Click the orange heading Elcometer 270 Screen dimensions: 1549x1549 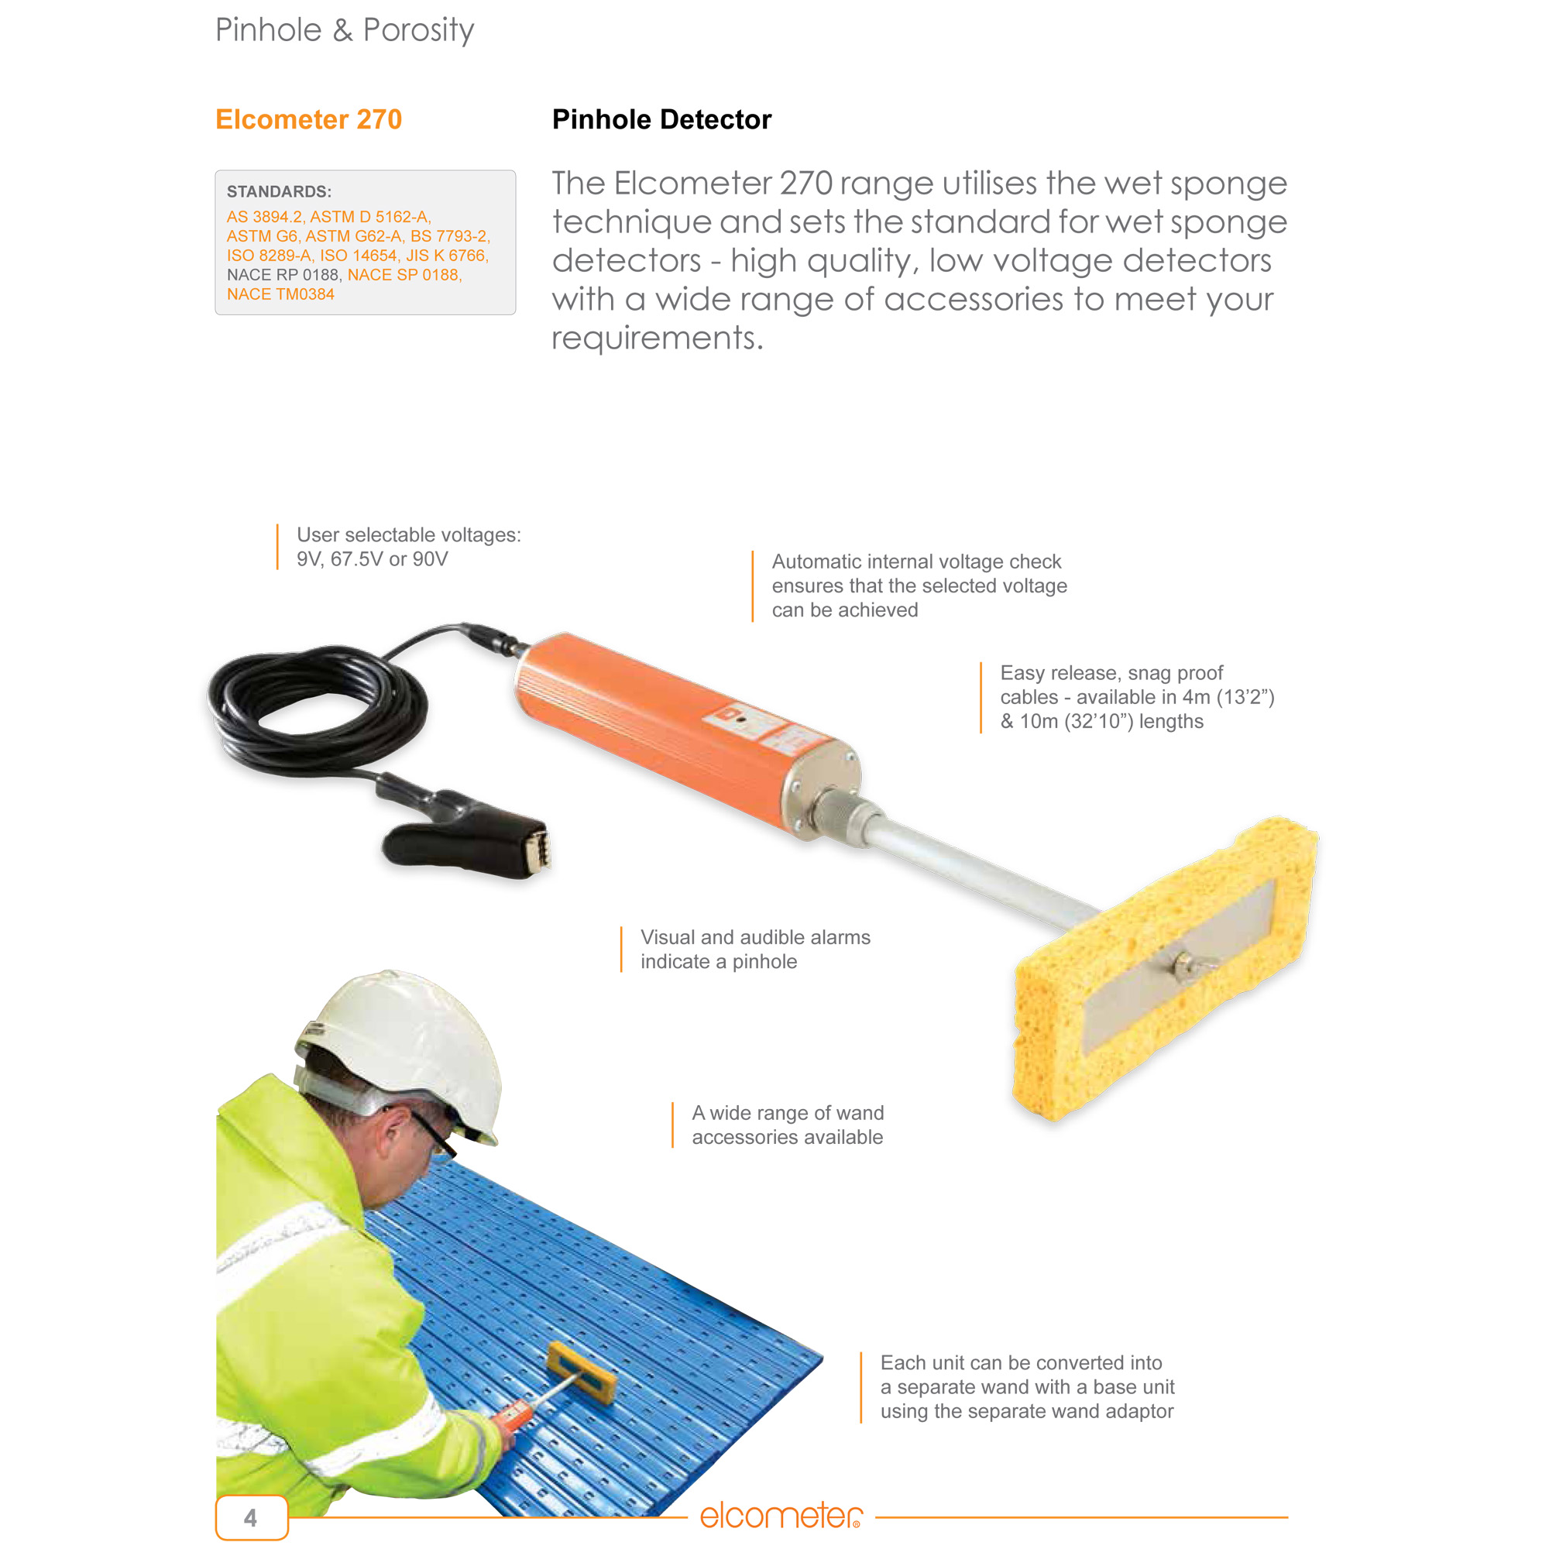click(309, 119)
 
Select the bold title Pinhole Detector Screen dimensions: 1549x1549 click(661, 119)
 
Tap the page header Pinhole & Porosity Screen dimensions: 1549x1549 click(345, 30)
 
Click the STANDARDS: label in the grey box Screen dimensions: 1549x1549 click(279, 191)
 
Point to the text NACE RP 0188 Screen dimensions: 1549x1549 click(282, 275)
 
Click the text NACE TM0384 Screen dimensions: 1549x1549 click(280, 294)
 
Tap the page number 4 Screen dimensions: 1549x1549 click(251, 1517)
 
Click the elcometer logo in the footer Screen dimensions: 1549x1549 click(781, 1516)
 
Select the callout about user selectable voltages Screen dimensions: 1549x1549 click(408, 547)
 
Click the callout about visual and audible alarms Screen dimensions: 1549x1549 click(754, 950)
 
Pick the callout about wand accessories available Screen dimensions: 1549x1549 click(788, 1125)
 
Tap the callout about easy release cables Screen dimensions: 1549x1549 click(1136, 697)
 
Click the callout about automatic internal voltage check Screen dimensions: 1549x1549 click(919, 586)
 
